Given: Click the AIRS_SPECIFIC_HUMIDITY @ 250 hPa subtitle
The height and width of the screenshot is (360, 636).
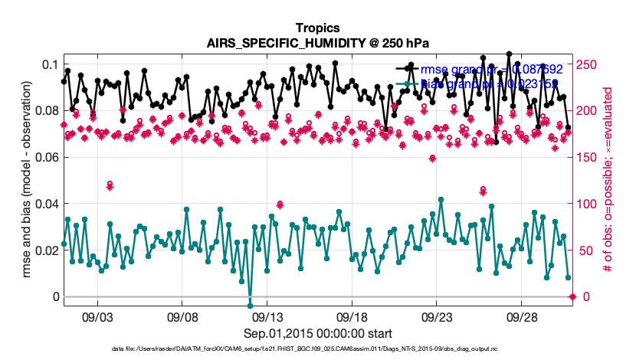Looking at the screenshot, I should coord(318,44).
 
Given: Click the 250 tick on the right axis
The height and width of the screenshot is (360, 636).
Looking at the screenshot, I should coord(589,64).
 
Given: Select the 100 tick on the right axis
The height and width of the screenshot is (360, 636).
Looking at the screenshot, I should coord(589,204).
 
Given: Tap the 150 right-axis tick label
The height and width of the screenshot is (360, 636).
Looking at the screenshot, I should coord(589,157).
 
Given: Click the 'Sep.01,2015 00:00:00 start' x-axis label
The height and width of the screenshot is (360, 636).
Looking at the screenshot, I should coord(318,333).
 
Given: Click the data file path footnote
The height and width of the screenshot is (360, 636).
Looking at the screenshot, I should coord(318,349).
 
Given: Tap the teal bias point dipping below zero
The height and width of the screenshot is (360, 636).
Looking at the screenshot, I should coord(250,306).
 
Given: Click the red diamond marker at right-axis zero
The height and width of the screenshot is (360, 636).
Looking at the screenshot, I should coord(572,296).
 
